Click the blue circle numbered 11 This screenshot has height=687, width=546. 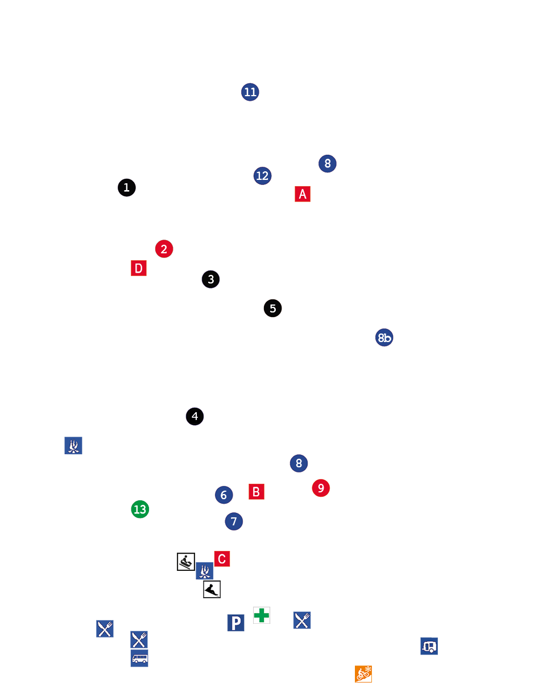[x=250, y=92]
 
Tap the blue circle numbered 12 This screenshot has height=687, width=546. [x=262, y=175]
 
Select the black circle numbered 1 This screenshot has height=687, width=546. [x=127, y=187]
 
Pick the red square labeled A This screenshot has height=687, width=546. [x=303, y=194]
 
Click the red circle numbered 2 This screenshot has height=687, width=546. [x=164, y=249]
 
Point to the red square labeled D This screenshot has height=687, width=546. [x=139, y=268]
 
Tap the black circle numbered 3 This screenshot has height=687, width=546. [x=210, y=279]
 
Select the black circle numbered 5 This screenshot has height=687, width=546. [x=272, y=308]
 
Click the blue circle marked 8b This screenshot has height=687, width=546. [x=384, y=338]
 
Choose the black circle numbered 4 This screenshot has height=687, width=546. [x=195, y=416]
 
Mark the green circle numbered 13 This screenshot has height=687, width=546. [x=140, y=509]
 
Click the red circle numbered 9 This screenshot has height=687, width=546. [x=321, y=488]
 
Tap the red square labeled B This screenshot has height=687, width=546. [x=257, y=492]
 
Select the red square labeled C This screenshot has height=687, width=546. [x=222, y=559]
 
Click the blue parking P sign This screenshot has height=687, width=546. [x=236, y=623]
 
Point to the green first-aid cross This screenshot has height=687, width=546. [x=262, y=615]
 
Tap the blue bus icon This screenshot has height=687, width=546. [x=139, y=658]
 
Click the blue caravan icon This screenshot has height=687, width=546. [x=429, y=646]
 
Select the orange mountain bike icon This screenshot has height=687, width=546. [x=363, y=674]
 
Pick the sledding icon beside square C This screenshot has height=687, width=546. [x=186, y=562]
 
